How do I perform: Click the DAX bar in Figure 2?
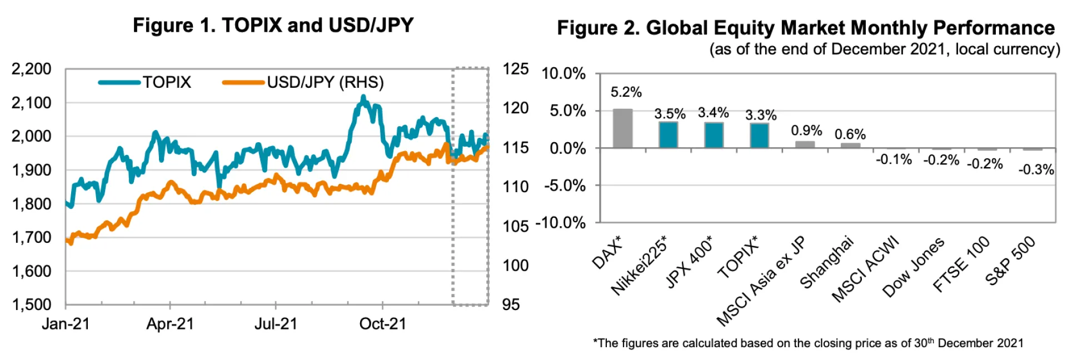[x=622, y=128]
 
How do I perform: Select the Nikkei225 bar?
[x=668, y=134]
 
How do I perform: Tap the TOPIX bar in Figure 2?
[x=759, y=135]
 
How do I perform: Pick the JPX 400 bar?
[x=714, y=134]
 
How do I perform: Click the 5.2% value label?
[x=626, y=92]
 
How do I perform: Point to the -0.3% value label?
[x=1036, y=169]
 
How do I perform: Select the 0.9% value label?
[x=806, y=131]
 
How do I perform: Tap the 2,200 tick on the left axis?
[x=32, y=69]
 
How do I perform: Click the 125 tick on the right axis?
[x=515, y=69]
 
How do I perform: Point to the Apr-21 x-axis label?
[x=170, y=324]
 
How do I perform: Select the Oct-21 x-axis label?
[x=383, y=324]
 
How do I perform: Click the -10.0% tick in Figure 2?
[x=560, y=223]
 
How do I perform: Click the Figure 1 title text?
[x=273, y=25]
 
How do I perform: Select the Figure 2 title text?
[x=805, y=28]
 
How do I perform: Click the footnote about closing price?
[x=808, y=343]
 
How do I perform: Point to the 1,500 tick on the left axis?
[x=32, y=304]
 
